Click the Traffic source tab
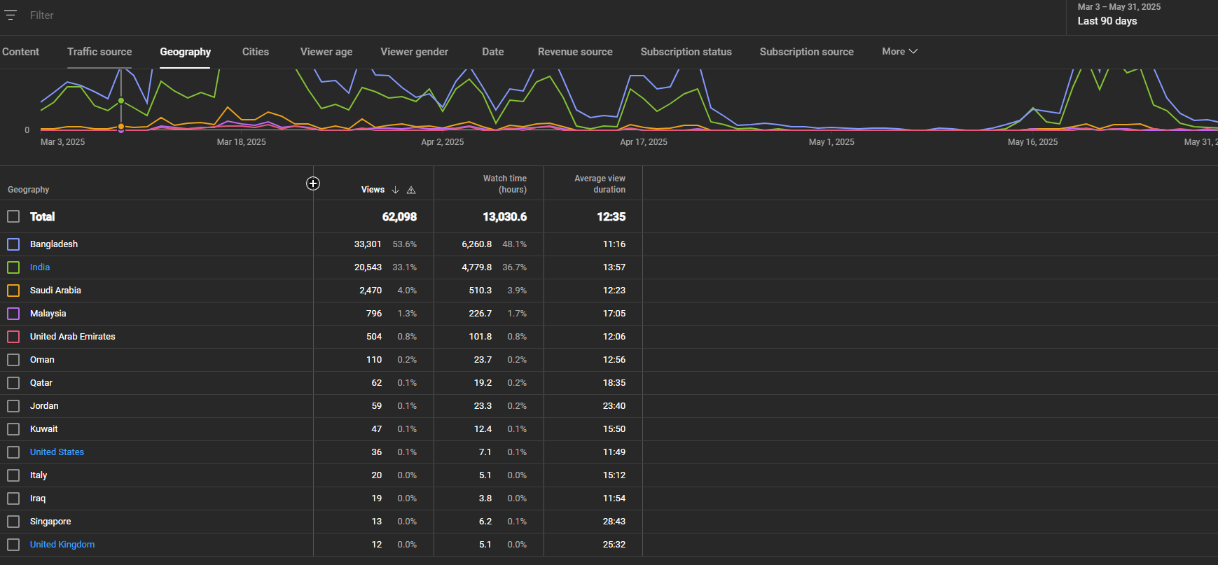pyautogui.click(x=99, y=52)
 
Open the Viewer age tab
pyautogui.click(x=326, y=52)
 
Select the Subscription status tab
pyautogui.click(x=686, y=52)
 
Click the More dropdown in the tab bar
pyautogui.click(x=899, y=51)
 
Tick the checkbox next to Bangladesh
pyautogui.click(x=13, y=244)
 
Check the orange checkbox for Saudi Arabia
pyautogui.click(x=13, y=291)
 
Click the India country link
pyautogui.click(x=40, y=267)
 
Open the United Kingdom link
pyautogui.click(x=62, y=545)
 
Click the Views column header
pyautogui.click(x=373, y=190)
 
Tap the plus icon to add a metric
pyautogui.click(x=313, y=183)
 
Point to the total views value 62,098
pyautogui.click(x=399, y=217)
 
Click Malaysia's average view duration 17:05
pyautogui.click(x=614, y=314)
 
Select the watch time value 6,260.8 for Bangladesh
pyautogui.click(x=477, y=244)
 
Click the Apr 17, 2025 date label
pyautogui.click(x=644, y=142)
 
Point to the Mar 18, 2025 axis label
pyautogui.click(x=242, y=142)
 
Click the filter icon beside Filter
pyautogui.click(x=11, y=15)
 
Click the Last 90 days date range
pyautogui.click(x=1107, y=21)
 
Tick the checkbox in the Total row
pyautogui.click(x=13, y=216)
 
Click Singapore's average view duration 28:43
pyautogui.click(x=614, y=522)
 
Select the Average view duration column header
pyautogui.click(x=600, y=184)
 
